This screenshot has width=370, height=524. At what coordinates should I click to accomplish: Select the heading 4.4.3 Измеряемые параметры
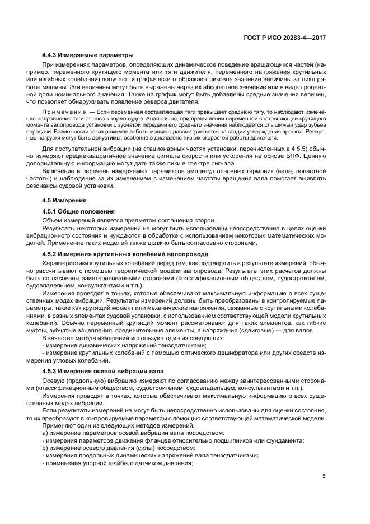click(x=88, y=55)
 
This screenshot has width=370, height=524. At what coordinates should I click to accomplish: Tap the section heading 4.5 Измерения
click(x=64, y=200)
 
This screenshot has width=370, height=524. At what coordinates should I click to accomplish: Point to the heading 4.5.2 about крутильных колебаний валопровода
click(x=113, y=254)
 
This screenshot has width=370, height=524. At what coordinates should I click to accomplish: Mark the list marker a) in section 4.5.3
click(x=46, y=433)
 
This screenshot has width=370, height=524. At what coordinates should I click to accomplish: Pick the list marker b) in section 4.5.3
click(x=46, y=448)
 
